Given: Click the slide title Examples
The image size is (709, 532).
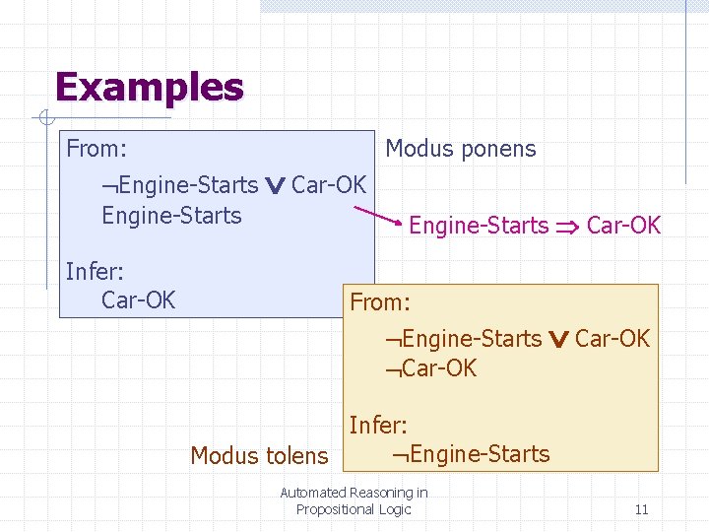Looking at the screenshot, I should [149, 87].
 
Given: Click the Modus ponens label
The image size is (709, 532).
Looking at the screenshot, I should [460, 150].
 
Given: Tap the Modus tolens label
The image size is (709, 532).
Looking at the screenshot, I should [258, 455].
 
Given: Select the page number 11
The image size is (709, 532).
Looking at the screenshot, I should [641, 509].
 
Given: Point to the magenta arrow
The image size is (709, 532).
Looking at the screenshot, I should [378, 216].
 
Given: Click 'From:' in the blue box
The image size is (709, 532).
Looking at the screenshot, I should [96, 150].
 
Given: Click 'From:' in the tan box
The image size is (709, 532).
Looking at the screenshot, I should [379, 302].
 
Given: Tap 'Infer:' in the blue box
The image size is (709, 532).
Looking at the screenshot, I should [95, 271].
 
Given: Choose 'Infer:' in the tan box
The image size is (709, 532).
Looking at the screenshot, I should [378, 426].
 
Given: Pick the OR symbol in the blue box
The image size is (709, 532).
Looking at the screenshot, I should [276, 185].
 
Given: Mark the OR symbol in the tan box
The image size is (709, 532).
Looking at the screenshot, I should [558, 339].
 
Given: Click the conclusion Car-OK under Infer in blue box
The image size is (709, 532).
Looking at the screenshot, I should [138, 299].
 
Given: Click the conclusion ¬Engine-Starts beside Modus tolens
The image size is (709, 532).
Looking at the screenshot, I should [470, 454].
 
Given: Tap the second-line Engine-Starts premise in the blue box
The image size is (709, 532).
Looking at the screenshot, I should [171, 216].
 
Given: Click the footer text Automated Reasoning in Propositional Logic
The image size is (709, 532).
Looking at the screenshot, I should [354, 500].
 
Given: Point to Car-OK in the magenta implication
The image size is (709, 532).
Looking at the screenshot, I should [623, 226].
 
